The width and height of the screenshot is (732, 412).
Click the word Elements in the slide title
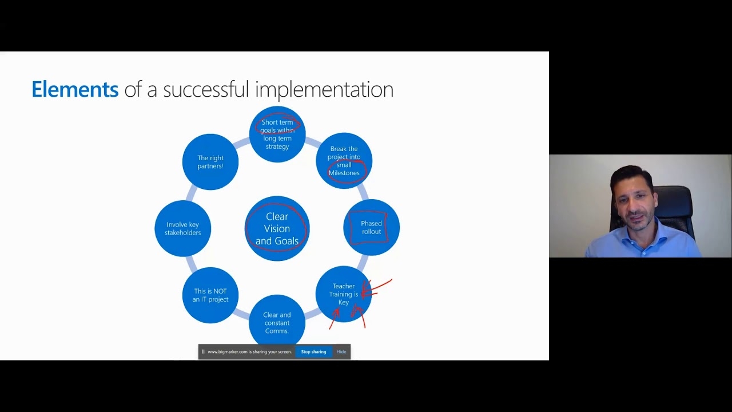75,89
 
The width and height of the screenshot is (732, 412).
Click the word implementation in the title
324,90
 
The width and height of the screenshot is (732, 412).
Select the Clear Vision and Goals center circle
277,228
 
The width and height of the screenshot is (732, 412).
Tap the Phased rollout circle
371,228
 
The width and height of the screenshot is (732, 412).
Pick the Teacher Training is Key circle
344,294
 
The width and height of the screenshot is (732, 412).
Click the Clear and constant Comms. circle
277,322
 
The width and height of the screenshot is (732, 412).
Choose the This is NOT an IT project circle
210,295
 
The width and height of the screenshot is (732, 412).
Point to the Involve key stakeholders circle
182,228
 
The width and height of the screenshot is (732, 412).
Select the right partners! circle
210,162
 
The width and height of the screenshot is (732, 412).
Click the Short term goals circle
277,134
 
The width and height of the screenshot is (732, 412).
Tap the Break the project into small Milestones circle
344,161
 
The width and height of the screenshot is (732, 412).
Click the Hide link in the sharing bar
341,352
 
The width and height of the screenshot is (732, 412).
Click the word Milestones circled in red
344,173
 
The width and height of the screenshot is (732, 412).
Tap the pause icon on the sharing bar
203,352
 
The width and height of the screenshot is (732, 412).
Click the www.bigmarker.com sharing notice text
250,352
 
